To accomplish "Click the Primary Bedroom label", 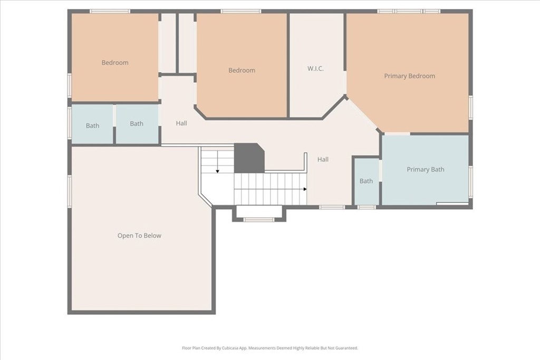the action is [x=409, y=76].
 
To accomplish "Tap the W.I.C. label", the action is [x=315, y=69].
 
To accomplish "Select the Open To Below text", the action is [x=139, y=236].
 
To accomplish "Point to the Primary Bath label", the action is [x=426, y=169].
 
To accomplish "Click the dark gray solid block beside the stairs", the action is [x=249, y=158].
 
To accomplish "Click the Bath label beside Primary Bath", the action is [x=366, y=181].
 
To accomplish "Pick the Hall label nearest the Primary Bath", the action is [x=323, y=159].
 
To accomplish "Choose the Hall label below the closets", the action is [x=181, y=123].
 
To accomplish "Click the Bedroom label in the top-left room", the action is [x=114, y=63].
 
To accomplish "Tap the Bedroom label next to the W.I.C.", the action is [x=242, y=70].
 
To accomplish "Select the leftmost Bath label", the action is [x=92, y=125].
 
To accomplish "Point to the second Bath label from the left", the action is [x=137, y=123].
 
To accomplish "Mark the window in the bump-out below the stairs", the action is [x=259, y=219].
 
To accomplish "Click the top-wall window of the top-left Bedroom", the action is [x=110, y=12].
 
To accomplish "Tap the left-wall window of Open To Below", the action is [x=70, y=192].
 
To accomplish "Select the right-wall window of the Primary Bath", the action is [x=470, y=177].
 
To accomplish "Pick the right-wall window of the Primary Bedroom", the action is [x=470, y=108].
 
